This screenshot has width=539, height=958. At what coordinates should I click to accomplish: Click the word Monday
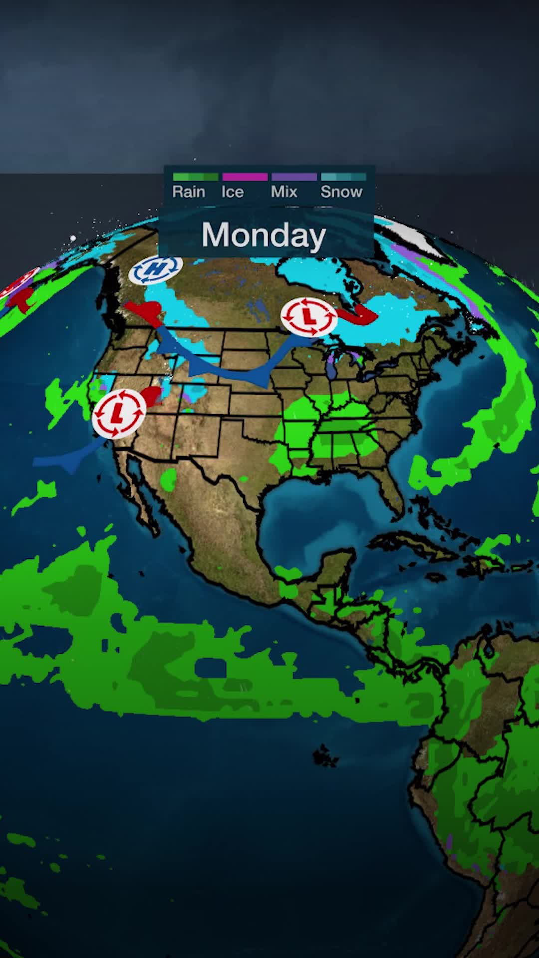click(264, 235)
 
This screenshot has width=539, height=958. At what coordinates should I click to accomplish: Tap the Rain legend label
click(189, 192)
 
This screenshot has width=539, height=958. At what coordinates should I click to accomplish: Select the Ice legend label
click(233, 192)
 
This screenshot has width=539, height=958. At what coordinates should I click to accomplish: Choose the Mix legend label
click(284, 192)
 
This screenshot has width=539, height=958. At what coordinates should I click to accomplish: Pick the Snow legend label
click(341, 192)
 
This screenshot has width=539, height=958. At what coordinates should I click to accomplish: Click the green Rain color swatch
click(195, 177)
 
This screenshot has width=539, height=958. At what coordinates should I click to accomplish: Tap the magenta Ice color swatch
click(245, 177)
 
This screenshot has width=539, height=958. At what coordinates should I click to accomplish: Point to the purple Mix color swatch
click(294, 177)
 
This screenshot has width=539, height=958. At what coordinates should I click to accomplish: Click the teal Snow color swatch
click(343, 177)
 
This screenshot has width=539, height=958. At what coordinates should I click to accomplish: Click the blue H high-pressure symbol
click(156, 270)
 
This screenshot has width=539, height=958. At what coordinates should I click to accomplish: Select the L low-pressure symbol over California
click(119, 413)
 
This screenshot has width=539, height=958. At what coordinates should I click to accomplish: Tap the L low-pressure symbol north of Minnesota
click(309, 316)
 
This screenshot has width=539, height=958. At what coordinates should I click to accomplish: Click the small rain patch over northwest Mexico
click(169, 479)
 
